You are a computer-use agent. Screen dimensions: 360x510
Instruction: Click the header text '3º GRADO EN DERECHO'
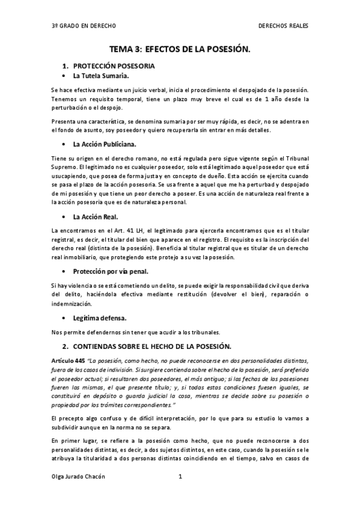(84, 26)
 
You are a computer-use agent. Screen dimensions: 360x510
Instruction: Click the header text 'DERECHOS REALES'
(283, 26)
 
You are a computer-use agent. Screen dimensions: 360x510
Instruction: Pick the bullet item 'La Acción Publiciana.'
(105, 144)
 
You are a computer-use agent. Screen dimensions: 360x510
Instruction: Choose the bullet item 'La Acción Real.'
(96, 217)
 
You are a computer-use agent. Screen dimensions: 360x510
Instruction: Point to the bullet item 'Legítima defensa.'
(100, 318)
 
